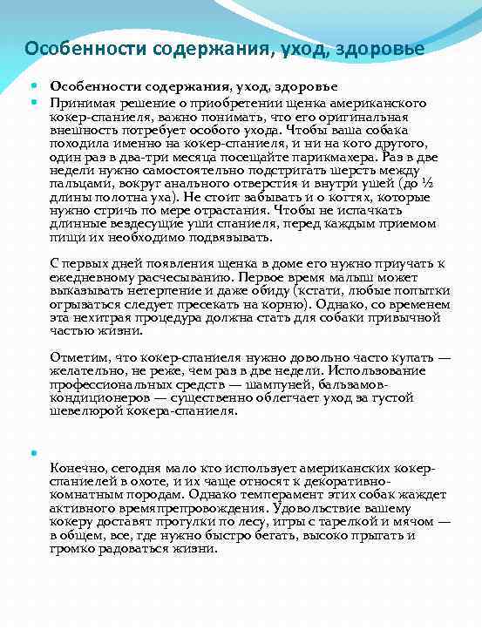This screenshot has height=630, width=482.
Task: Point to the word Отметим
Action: (77, 357)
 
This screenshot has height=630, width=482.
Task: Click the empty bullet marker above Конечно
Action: (34, 452)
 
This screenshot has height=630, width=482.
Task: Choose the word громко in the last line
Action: (72, 547)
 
